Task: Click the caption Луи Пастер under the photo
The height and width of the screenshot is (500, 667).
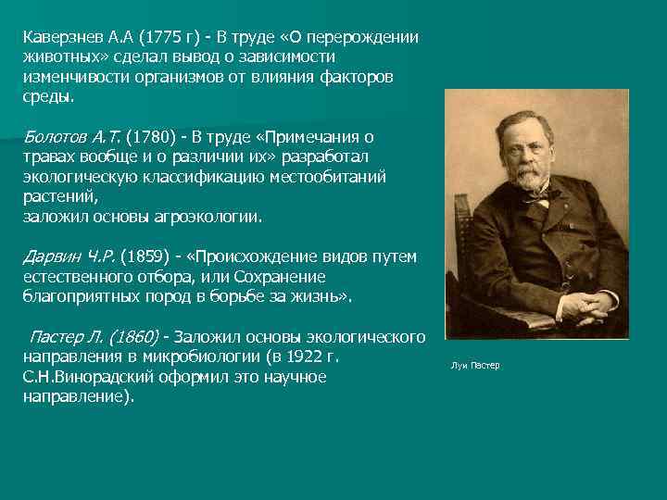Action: [475, 366]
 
